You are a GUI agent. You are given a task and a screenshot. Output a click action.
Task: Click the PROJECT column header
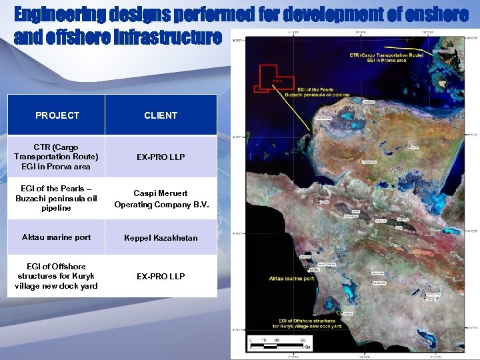pyautogui.click(x=57, y=115)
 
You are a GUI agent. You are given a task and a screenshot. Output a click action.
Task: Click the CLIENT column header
pyautogui.click(x=161, y=115)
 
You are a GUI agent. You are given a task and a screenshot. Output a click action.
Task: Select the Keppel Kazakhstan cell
pyautogui.click(x=161, y=237)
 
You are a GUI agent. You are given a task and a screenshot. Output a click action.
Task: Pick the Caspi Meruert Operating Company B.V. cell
pyautogui.click(x=161, y=199)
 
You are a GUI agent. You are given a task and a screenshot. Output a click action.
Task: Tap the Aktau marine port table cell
pyautogui.click(x=57, y=237)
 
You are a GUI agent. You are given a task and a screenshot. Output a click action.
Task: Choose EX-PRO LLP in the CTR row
pyautogui.click(x=161, y=157)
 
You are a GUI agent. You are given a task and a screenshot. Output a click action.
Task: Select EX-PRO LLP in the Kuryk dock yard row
pyautogui.click(x=161, y=276)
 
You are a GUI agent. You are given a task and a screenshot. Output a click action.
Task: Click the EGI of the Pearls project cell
pyautogui.click(x=57, y=198)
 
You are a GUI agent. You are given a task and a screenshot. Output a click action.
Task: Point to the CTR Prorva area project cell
pyautogui.click(x=57, y=157)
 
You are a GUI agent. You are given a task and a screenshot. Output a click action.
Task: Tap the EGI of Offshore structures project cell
pyautogui.click(x=57, y=276)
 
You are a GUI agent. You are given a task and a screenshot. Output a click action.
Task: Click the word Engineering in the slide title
pyautogui.click(x=57, y=14)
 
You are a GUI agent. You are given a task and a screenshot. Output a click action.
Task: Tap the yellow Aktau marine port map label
pyautogui.click(x=291, y=278)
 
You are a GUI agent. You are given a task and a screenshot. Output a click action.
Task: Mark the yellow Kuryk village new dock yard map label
pyautogui.click(x=306, y=323)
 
